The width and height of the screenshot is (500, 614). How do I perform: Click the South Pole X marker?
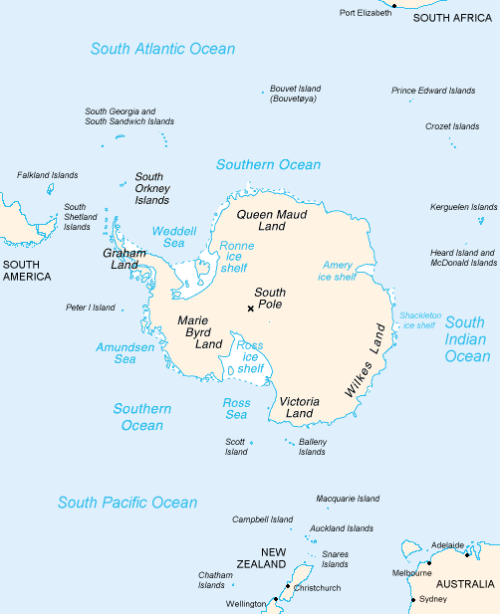[x=250, y=308]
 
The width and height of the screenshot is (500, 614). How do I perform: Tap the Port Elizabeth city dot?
[x=394, y=6]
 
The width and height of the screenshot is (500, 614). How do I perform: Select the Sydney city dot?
[x=413, y=599]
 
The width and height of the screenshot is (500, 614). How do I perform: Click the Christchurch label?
[x=318, y=588]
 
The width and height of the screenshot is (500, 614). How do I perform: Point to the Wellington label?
[x=246, y=604]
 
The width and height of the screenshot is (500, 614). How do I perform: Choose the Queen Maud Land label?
[x=271, y=220]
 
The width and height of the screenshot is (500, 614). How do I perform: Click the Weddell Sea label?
[x=167, y=237]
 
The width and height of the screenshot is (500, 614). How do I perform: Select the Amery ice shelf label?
[x=339, y=271]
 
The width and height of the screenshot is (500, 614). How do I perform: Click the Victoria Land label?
[x=299, y=407]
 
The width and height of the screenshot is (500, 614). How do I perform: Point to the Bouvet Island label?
[x=296, y=95]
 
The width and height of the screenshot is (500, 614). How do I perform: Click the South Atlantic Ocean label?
[x=162, y=49]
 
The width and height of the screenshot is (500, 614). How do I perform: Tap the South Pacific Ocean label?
[x=127, y=503]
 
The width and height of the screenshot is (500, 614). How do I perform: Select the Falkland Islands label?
[x=47, y=175]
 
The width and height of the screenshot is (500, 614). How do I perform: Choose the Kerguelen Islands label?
[x=463, y=207]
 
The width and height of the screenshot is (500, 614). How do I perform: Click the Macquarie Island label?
[x=348, y=499]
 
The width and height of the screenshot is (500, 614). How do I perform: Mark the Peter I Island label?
[x=90, y=307]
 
